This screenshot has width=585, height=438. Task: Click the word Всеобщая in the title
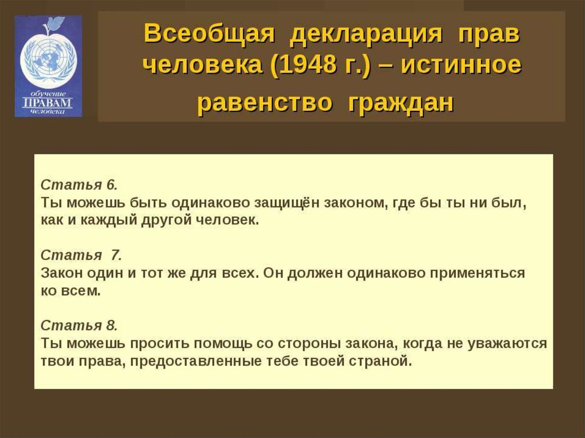coord(209,34)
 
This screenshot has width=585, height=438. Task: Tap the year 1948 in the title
coord(304,65)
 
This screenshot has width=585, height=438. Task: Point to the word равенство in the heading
coord(265,102)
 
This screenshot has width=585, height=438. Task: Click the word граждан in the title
coord(400,103)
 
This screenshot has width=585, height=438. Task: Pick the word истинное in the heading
coord(461,65)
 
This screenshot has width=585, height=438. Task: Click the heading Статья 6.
coord(79,184)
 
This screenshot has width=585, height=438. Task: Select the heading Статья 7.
coord(81,255)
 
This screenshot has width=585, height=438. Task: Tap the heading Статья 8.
coord(79,326)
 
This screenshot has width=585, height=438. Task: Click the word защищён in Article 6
coord(287,203)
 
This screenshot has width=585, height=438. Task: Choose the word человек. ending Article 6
coord(227,220)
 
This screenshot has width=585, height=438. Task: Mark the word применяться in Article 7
coord(477,274)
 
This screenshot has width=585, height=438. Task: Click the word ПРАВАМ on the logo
coord(48,103)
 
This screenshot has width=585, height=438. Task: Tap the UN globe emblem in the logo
coord(48,61)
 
